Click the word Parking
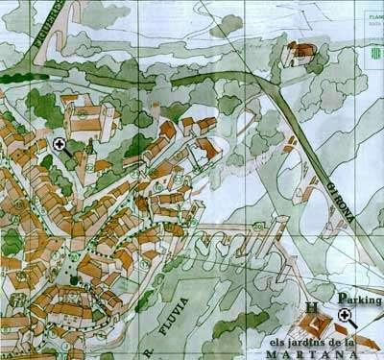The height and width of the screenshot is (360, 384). (x=360, y=299)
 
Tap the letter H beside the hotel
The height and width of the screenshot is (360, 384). (x=312, y=309)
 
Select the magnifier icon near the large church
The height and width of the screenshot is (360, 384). (x=60, y=145)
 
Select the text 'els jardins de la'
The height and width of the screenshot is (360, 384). (x=313, y=341)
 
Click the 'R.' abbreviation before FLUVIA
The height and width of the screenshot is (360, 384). (x=149, y=352)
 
